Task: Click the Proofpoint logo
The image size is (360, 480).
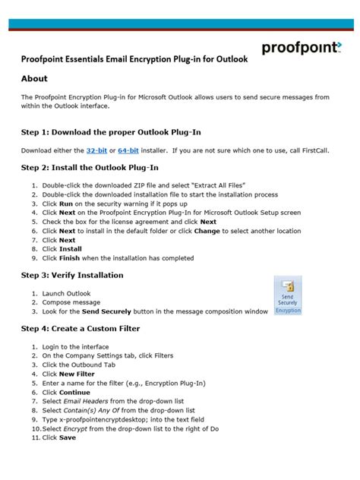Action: pos(302,48)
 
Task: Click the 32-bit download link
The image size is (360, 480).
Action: pos(96,151)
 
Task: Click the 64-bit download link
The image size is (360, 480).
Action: pos(128,151)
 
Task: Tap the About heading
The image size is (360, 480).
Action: pos(34,78)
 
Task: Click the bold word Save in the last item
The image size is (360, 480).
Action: pos(67,437)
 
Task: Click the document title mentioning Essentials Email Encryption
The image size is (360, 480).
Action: pos(134,59)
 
